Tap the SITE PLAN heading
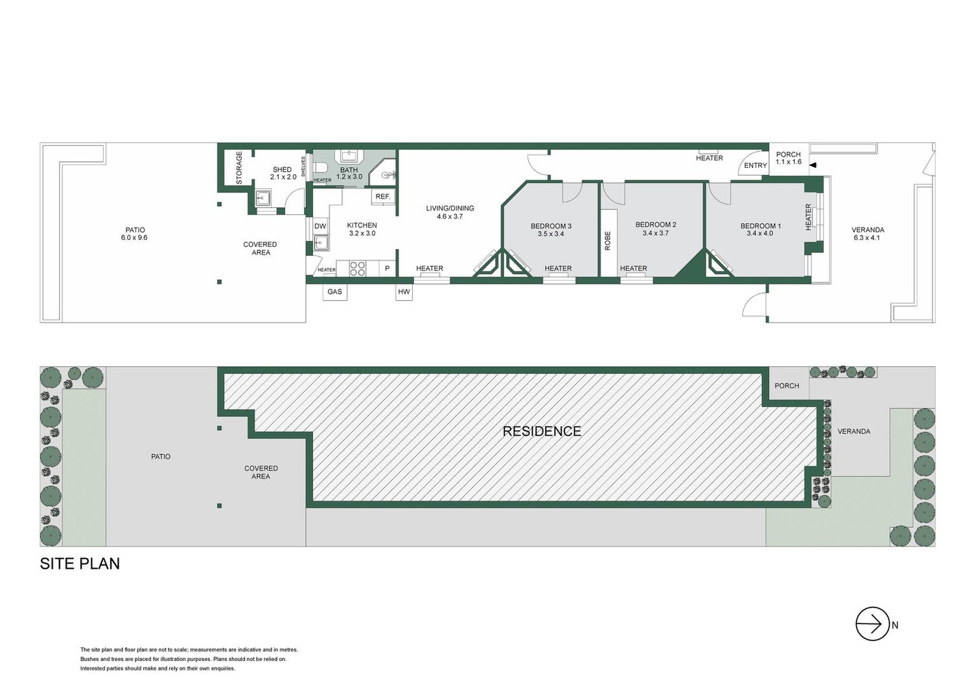[80, 564]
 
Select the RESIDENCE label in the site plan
[542, 432]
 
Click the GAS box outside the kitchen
[334, 292]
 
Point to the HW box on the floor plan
[404, 292]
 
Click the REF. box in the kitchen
[383, 196]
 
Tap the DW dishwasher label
[320, 226]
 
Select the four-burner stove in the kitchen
[358, 268]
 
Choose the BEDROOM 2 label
[656, 225]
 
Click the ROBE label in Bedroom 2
[608, 241]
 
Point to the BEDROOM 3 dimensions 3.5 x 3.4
[551, 234]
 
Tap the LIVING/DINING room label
[450, 208]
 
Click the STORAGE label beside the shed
[239, 167]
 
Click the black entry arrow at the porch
[813, 165]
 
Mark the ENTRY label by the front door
[756, 165]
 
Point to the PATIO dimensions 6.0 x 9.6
[135, 238]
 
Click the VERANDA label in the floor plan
[868, 230]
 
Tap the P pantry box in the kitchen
[387, 269]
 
